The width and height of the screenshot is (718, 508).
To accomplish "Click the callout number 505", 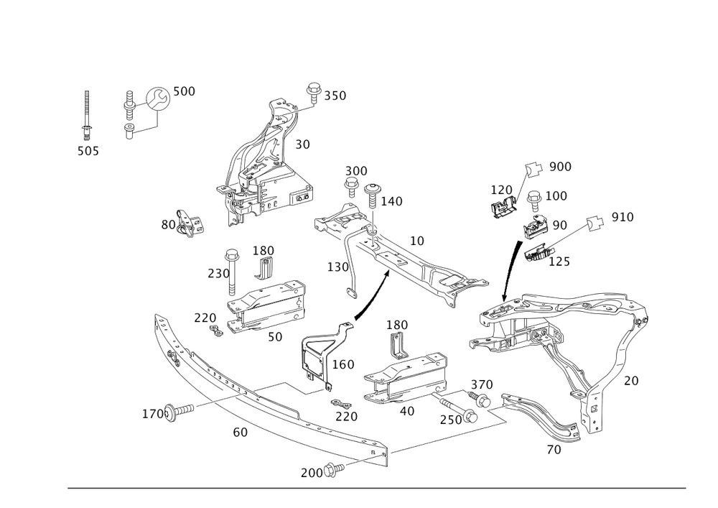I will (88, 151).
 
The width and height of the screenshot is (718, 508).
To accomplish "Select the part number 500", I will (184, 91).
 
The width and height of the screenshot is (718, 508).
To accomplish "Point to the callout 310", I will (335, 96).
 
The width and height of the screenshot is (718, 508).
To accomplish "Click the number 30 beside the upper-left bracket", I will (302, 144).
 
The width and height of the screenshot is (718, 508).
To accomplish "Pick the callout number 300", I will (355, 170).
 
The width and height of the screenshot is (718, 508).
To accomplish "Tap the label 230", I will (218, 274).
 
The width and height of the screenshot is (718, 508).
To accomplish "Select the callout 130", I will (337, 267).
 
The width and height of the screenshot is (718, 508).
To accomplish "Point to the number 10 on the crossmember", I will (416, 240).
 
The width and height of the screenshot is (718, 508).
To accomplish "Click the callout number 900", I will (560, 167).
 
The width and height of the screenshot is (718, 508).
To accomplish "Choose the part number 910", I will (623, 216).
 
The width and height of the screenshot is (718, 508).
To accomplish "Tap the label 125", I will (559, 262).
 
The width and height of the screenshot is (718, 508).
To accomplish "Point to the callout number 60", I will (240, 432).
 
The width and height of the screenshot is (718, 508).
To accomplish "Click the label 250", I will (449, 418).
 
